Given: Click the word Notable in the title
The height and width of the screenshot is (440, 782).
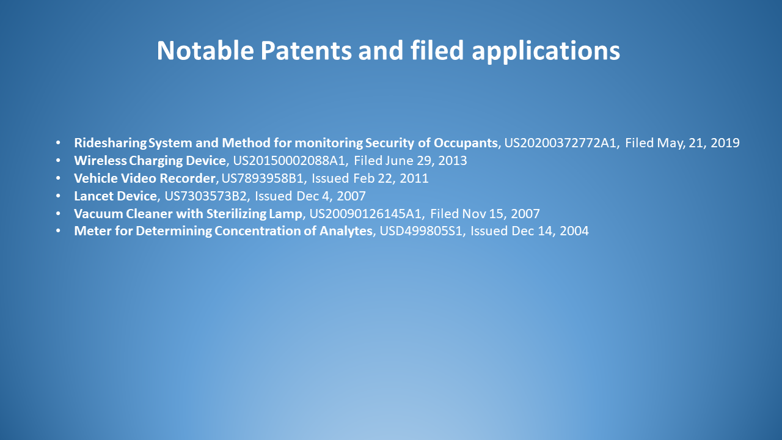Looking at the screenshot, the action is click(205, 50).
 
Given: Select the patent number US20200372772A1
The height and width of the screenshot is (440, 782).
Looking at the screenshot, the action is click(560, 143).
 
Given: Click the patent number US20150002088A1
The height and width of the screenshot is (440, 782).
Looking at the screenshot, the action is click(289, 161).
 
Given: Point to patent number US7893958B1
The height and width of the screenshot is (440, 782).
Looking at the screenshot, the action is click(263, 178).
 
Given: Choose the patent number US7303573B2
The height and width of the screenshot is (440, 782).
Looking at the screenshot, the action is click(206, 196).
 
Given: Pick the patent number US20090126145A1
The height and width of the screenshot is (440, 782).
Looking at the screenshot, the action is click(365, 214).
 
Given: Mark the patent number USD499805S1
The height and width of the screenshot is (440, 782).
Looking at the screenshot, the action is click(421, 231).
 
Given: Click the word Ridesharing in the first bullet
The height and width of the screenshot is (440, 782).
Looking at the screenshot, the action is click(111, 143).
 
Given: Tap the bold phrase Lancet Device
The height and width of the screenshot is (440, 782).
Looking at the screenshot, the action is click(115, 196).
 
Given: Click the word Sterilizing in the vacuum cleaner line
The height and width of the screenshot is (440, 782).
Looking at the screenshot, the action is click(236, 214).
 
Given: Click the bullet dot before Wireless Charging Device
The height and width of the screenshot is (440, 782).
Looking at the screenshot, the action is click(58, 161).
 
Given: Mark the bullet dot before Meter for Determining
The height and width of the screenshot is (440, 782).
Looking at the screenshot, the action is click(58, 231).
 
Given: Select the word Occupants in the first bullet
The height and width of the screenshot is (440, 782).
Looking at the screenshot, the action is click(466, 143).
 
